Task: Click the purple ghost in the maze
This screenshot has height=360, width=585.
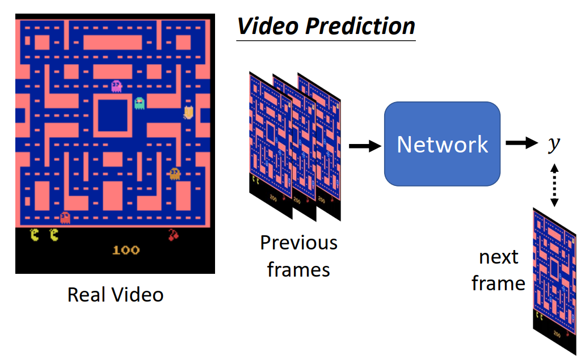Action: pos(116,86)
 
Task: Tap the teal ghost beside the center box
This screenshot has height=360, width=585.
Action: pos(140,103)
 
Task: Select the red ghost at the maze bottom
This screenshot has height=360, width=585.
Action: pos(65,217)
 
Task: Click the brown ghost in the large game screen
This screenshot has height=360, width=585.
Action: pos(175,173)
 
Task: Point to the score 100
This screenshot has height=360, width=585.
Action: pos(125,250)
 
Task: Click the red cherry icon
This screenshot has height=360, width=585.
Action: pos(174,234)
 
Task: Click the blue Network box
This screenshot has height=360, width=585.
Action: pos(442,143)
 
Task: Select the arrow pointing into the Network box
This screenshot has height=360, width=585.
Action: pos(365,146)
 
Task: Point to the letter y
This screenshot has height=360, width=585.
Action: pos(553,144)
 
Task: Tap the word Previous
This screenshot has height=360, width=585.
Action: pos(298,243)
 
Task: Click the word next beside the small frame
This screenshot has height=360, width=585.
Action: pos(498,257)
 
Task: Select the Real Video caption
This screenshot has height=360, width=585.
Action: pos(115,295)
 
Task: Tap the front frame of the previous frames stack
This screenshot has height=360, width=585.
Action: pos(270,147)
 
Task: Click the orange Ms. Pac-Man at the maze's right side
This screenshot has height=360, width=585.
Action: pos(189,113)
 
